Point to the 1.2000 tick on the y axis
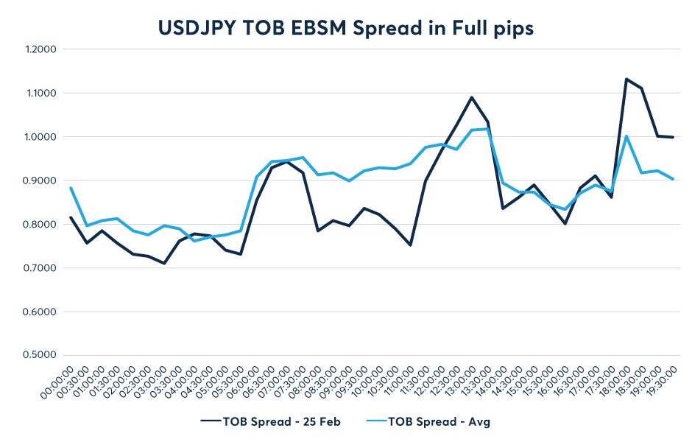[41, 49]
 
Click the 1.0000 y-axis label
[41, 137]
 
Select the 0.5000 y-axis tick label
[41, 355]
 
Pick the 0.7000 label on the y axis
[41, 268]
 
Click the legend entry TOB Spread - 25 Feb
[272, 421]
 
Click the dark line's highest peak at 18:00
[626, 79]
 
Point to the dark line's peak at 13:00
[472, 97]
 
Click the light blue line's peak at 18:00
[626, 136]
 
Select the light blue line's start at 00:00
[71, 188]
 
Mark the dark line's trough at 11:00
[410, 245]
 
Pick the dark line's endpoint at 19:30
[673, 137]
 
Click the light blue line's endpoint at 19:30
[673, 179]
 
